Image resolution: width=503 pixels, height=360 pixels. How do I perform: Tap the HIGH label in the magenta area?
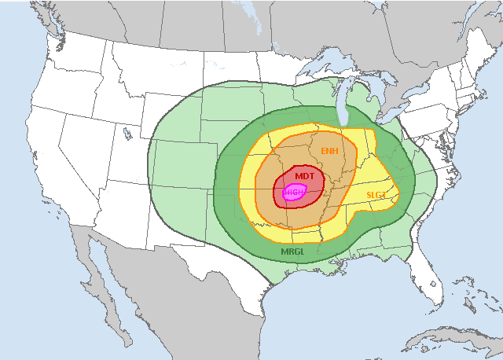tap(294, 193)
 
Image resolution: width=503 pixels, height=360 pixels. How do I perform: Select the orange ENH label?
tap(330, 149)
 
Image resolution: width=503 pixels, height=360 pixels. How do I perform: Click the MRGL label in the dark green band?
tap(292, 252)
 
